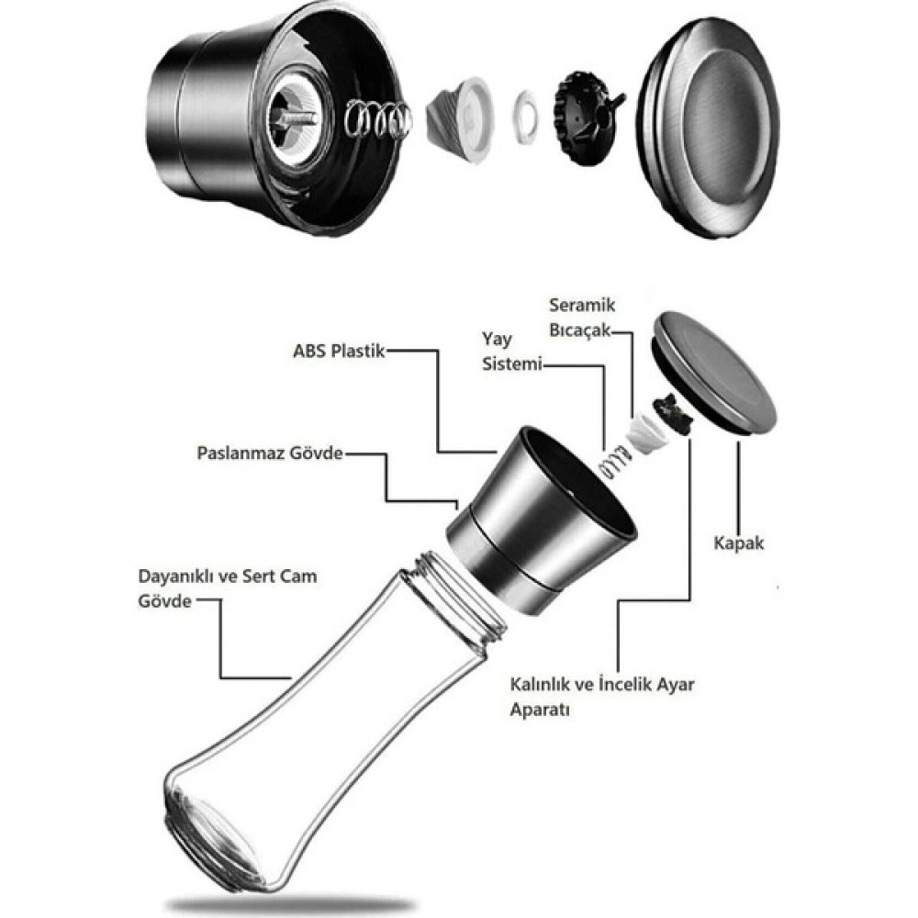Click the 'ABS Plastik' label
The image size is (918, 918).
[339, 352]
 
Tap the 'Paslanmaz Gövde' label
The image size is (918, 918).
[270, 453]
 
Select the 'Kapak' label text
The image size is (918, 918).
[739, 543]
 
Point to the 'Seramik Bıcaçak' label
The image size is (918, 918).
[581, 318]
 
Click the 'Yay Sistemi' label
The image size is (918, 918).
[511, 352]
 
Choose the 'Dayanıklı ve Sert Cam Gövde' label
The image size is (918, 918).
[228, 588]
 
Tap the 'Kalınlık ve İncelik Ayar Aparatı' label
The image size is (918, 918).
[602, 697]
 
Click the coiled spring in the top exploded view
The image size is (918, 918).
[377, 119]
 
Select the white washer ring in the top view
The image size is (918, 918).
[525, 117]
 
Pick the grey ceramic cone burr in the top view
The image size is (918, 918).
[459, 120]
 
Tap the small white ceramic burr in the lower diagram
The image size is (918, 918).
[644, 432]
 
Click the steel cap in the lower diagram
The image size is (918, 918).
[713, 373]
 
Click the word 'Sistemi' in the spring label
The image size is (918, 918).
[511, 364]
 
